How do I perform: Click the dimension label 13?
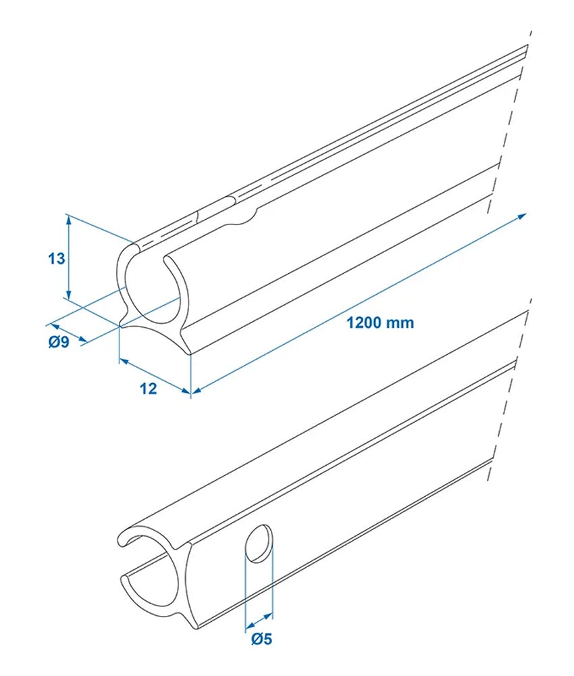[x=57, y=258]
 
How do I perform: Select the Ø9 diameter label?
[x=59, y=343]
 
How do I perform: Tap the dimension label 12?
[x=149, y=389]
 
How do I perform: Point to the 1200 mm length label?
[x=380, y=322]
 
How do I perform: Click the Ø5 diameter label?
[x=261, y=638]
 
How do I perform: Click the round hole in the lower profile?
[x=259, y=544]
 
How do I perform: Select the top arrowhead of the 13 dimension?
[x=68, y=218]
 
